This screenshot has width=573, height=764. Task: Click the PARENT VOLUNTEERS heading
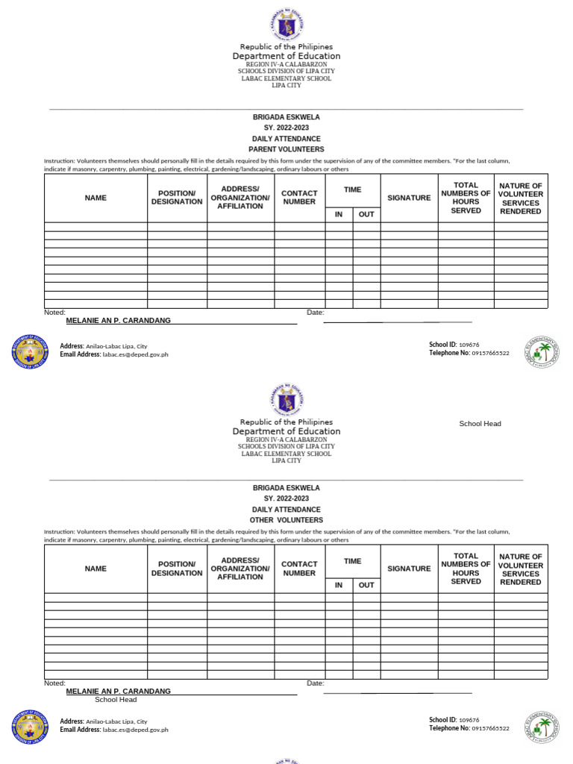tap(286, 149)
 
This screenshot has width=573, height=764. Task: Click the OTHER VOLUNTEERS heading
tap(286, 520)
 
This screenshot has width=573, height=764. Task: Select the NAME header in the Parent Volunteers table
tap(95, 198)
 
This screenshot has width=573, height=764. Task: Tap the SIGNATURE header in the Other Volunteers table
tap(409, 569)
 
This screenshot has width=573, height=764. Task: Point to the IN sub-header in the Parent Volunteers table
tap(339, 215)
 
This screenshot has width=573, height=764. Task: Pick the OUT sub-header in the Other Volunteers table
tap(366, 586)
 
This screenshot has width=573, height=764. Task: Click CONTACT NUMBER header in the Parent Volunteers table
tap(299, 198)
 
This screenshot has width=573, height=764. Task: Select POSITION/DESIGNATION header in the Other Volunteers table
tap(177, 569)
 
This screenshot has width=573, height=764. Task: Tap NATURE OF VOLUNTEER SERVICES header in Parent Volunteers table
tap(521, 198)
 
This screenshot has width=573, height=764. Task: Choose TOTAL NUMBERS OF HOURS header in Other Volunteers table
tap(466, 569)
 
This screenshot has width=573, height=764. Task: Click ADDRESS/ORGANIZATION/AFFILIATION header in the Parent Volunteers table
tap(240, 198)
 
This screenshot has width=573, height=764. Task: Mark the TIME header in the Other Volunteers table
tap(352, 561)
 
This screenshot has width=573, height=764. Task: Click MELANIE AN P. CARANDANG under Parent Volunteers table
tap(119, 320)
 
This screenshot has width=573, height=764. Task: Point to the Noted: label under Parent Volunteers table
tap(55, 313)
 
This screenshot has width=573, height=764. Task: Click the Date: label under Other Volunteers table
tap(316, 683)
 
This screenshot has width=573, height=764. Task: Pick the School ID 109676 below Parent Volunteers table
tap(454, 345)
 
